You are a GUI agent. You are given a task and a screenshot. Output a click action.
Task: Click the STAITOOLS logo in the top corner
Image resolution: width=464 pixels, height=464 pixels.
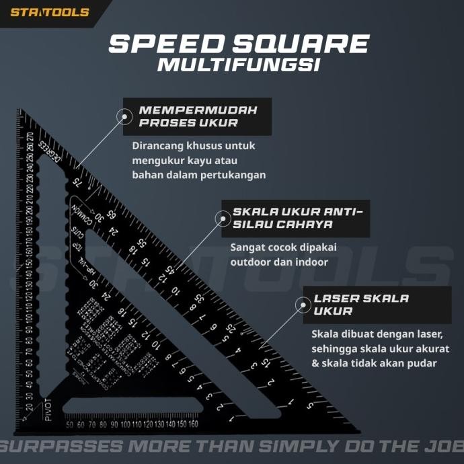(50, 11)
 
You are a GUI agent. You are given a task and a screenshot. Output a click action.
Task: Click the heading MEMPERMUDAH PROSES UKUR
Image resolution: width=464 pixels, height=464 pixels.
(198, 116)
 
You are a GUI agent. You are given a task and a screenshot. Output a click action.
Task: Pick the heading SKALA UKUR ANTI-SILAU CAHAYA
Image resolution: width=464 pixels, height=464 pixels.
(297, 217)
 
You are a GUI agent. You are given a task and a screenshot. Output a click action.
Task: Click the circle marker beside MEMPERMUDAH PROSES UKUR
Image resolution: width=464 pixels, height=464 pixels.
(124, 116)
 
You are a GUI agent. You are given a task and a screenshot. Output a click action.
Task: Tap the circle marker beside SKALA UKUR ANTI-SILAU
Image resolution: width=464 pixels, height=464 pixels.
(221, 217)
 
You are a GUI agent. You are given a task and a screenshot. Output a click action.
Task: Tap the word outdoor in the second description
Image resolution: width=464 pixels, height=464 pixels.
(250, 262)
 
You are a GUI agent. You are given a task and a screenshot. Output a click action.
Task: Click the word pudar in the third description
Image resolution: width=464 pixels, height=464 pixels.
(422, 363)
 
